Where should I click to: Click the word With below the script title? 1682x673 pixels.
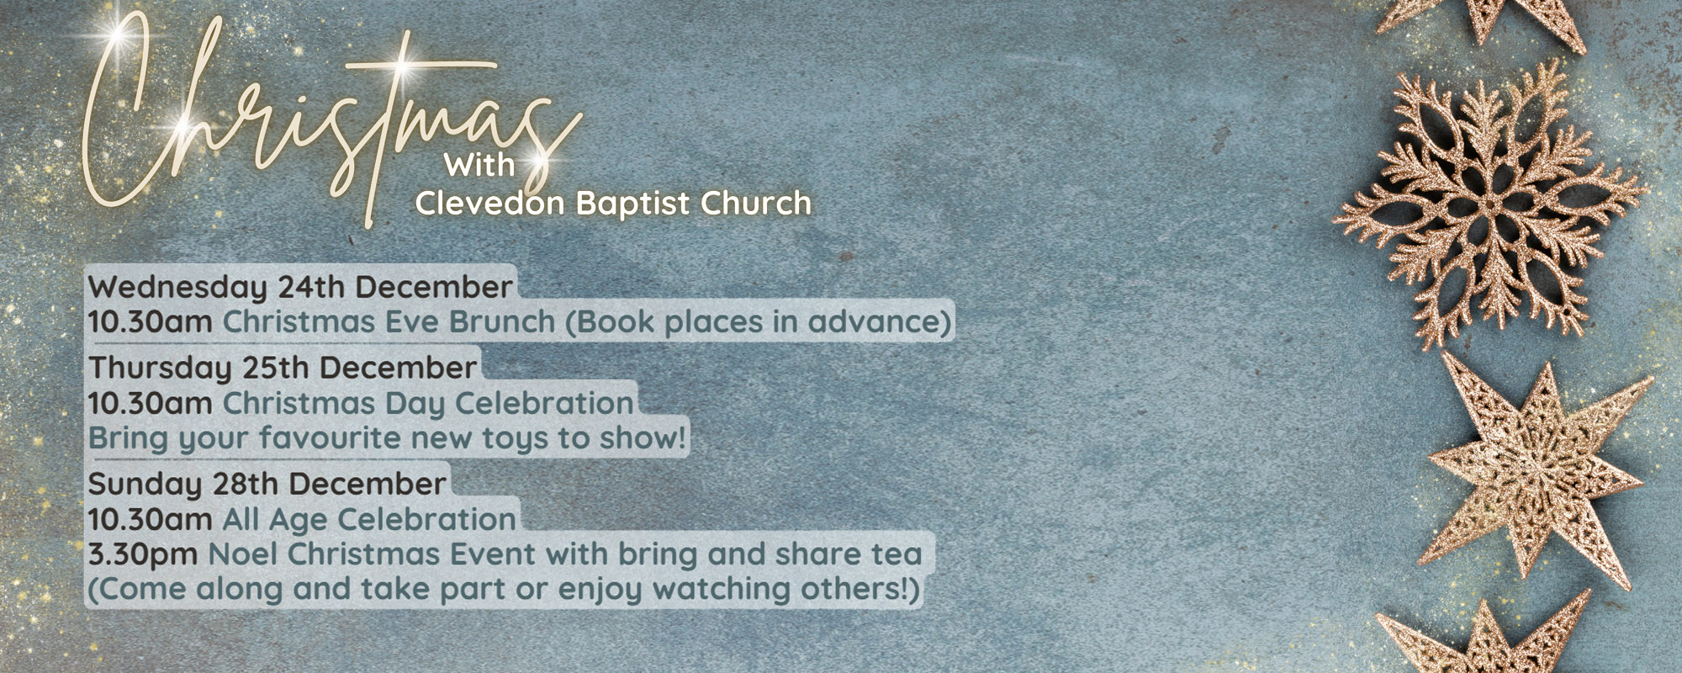point(479,164)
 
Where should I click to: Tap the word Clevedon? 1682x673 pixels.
point(490,204)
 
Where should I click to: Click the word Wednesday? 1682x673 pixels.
point(177,288)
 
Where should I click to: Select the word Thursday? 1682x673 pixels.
point(160,368)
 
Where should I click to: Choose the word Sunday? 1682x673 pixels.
point(145,484)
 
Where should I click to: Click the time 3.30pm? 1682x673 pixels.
point(143,554)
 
